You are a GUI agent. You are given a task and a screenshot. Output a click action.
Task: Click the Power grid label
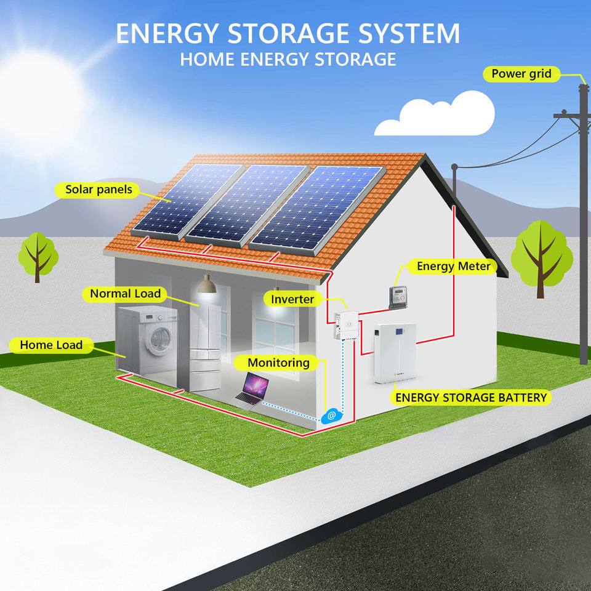point(521,74)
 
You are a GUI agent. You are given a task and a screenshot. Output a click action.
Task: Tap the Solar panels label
point(98,190)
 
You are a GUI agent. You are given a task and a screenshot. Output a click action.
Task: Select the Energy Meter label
point(452,267)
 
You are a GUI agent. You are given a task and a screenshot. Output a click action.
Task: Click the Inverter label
point(292,299)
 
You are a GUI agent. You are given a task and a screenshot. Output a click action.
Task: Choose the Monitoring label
point(278,363)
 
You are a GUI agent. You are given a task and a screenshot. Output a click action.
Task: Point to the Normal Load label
point(125,294)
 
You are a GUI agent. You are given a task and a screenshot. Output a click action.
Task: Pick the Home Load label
point(51,345)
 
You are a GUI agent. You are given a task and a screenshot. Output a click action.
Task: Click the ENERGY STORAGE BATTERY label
point(471,397)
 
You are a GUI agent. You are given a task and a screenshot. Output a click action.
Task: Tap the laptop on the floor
point(252,390)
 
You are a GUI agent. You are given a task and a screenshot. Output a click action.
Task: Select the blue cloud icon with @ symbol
point(331,416)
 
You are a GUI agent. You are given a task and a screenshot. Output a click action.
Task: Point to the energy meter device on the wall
point(398,297)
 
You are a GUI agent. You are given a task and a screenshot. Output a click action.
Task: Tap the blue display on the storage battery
point(399,332)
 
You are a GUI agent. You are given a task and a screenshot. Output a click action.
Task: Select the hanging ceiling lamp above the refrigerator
point(207,284)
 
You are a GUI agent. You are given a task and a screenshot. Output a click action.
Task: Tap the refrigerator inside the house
point(205,347)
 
